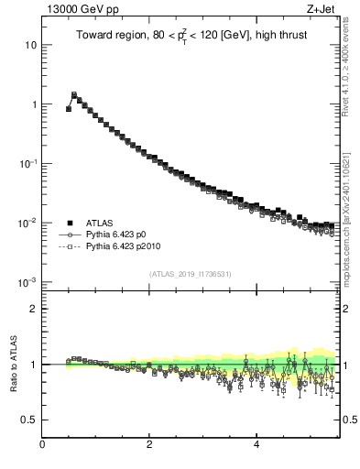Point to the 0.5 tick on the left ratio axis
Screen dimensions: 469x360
click(x=29, y=420)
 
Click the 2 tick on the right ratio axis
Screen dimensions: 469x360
click(x=345, y=309)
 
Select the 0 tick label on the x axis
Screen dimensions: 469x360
click(x=42, y=444)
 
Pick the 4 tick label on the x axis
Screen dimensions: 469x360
click(x=256, y=444)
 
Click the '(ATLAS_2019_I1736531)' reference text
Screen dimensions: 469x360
click(x=190, y=275)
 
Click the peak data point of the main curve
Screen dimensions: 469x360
click(x=74, y=94)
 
